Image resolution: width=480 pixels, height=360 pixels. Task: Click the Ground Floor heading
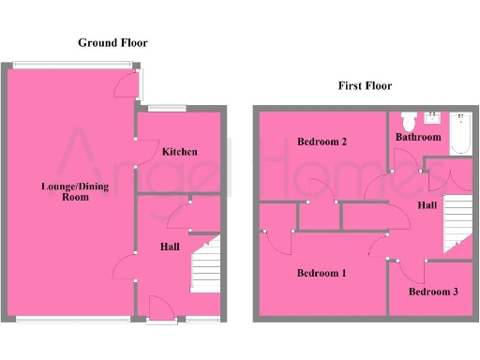tap(112, 42)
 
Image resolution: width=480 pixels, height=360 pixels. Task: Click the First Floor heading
tap(365, 85)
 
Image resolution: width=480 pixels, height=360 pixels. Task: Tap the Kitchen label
tap(179, 151)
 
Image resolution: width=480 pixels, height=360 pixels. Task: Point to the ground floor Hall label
tap(170, 247)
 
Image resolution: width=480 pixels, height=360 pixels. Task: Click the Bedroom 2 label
tap(322, 142)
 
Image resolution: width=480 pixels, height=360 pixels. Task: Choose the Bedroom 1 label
tap(322, 273)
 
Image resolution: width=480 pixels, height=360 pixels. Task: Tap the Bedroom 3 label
tap(433, 292)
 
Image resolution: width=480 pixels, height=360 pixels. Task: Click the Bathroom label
tap(417, 137)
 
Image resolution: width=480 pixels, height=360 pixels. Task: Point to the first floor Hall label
tap(427, 203)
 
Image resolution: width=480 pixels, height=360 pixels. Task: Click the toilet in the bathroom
tap(408, 122)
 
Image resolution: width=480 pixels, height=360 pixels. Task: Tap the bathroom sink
tap(433, 118)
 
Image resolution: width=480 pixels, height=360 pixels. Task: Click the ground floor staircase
tap(205, 266)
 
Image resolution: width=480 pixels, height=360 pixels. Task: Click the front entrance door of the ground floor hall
tap(159, 310)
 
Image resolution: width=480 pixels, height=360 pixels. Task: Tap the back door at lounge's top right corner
tap(127, 84)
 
